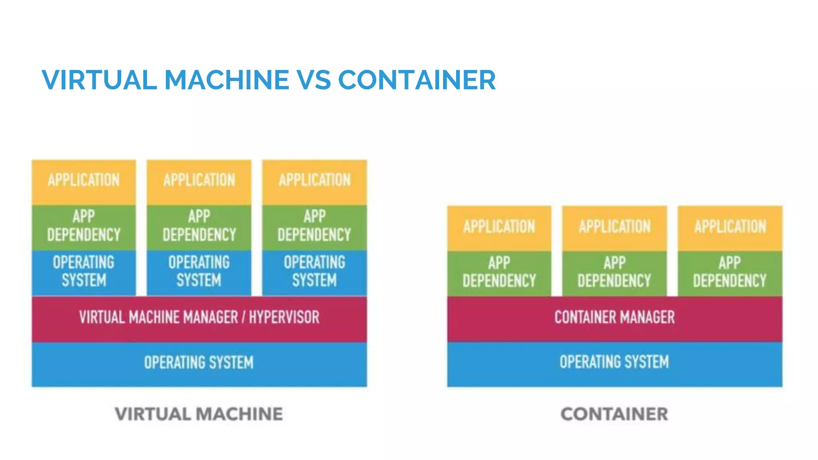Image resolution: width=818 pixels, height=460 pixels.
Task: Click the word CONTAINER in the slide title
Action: [x=417, y=80]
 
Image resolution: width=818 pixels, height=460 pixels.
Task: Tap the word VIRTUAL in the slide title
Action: [x=99, y=80]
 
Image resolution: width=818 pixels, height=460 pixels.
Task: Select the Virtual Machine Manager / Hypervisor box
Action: [x=199, y=318]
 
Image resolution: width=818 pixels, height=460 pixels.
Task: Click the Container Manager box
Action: [x=614, y=318]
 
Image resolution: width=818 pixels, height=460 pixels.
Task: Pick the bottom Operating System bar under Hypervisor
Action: [x=199, y=363]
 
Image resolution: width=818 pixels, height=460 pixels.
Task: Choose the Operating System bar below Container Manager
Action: [x=614, y=362]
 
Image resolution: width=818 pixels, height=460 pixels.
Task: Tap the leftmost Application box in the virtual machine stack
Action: [x=84, y=182]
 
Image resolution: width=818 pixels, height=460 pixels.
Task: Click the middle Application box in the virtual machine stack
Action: [x=199, y=182]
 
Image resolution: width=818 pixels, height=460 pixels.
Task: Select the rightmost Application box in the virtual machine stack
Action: [x=314, y=182]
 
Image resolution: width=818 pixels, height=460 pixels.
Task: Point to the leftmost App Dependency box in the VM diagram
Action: [x=84, y=227]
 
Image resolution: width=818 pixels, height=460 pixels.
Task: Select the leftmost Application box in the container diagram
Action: [x=499, y=228]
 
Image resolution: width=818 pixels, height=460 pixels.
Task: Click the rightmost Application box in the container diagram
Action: [x=730, y=228]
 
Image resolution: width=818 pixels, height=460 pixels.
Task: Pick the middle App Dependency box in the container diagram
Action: [x=614, y=273]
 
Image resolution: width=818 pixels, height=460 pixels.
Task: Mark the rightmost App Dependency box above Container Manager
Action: [x=730, y=273]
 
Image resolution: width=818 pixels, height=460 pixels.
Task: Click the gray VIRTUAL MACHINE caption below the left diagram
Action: [x=199, y=414]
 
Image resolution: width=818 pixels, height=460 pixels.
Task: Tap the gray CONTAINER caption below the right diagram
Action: [x=614, y=414]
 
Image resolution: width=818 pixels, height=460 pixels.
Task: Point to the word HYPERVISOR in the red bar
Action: [x=284, y=318]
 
